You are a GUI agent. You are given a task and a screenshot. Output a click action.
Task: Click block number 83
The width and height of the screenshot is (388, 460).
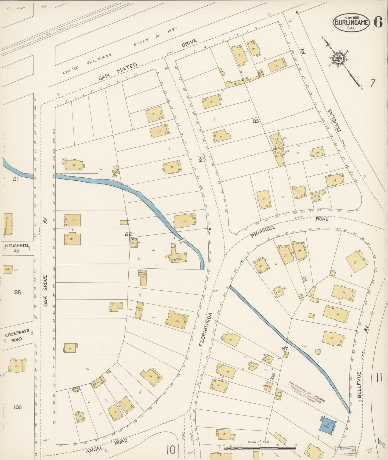[255, 121]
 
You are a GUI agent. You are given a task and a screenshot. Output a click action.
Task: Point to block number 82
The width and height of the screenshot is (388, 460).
[128, 234]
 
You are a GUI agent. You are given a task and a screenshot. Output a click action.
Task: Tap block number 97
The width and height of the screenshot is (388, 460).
[285, 348]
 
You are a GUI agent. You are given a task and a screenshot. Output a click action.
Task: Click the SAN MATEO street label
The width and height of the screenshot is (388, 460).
[118, 71]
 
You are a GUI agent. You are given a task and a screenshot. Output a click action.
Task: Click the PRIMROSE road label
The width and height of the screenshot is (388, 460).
[263, 231]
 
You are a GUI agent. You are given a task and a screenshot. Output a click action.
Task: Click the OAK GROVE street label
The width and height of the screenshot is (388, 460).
[46, 291]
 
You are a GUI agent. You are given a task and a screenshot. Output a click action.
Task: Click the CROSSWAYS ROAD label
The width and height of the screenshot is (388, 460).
[17, 336]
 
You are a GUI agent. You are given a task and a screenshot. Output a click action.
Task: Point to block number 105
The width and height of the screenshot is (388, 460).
[17, 407]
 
